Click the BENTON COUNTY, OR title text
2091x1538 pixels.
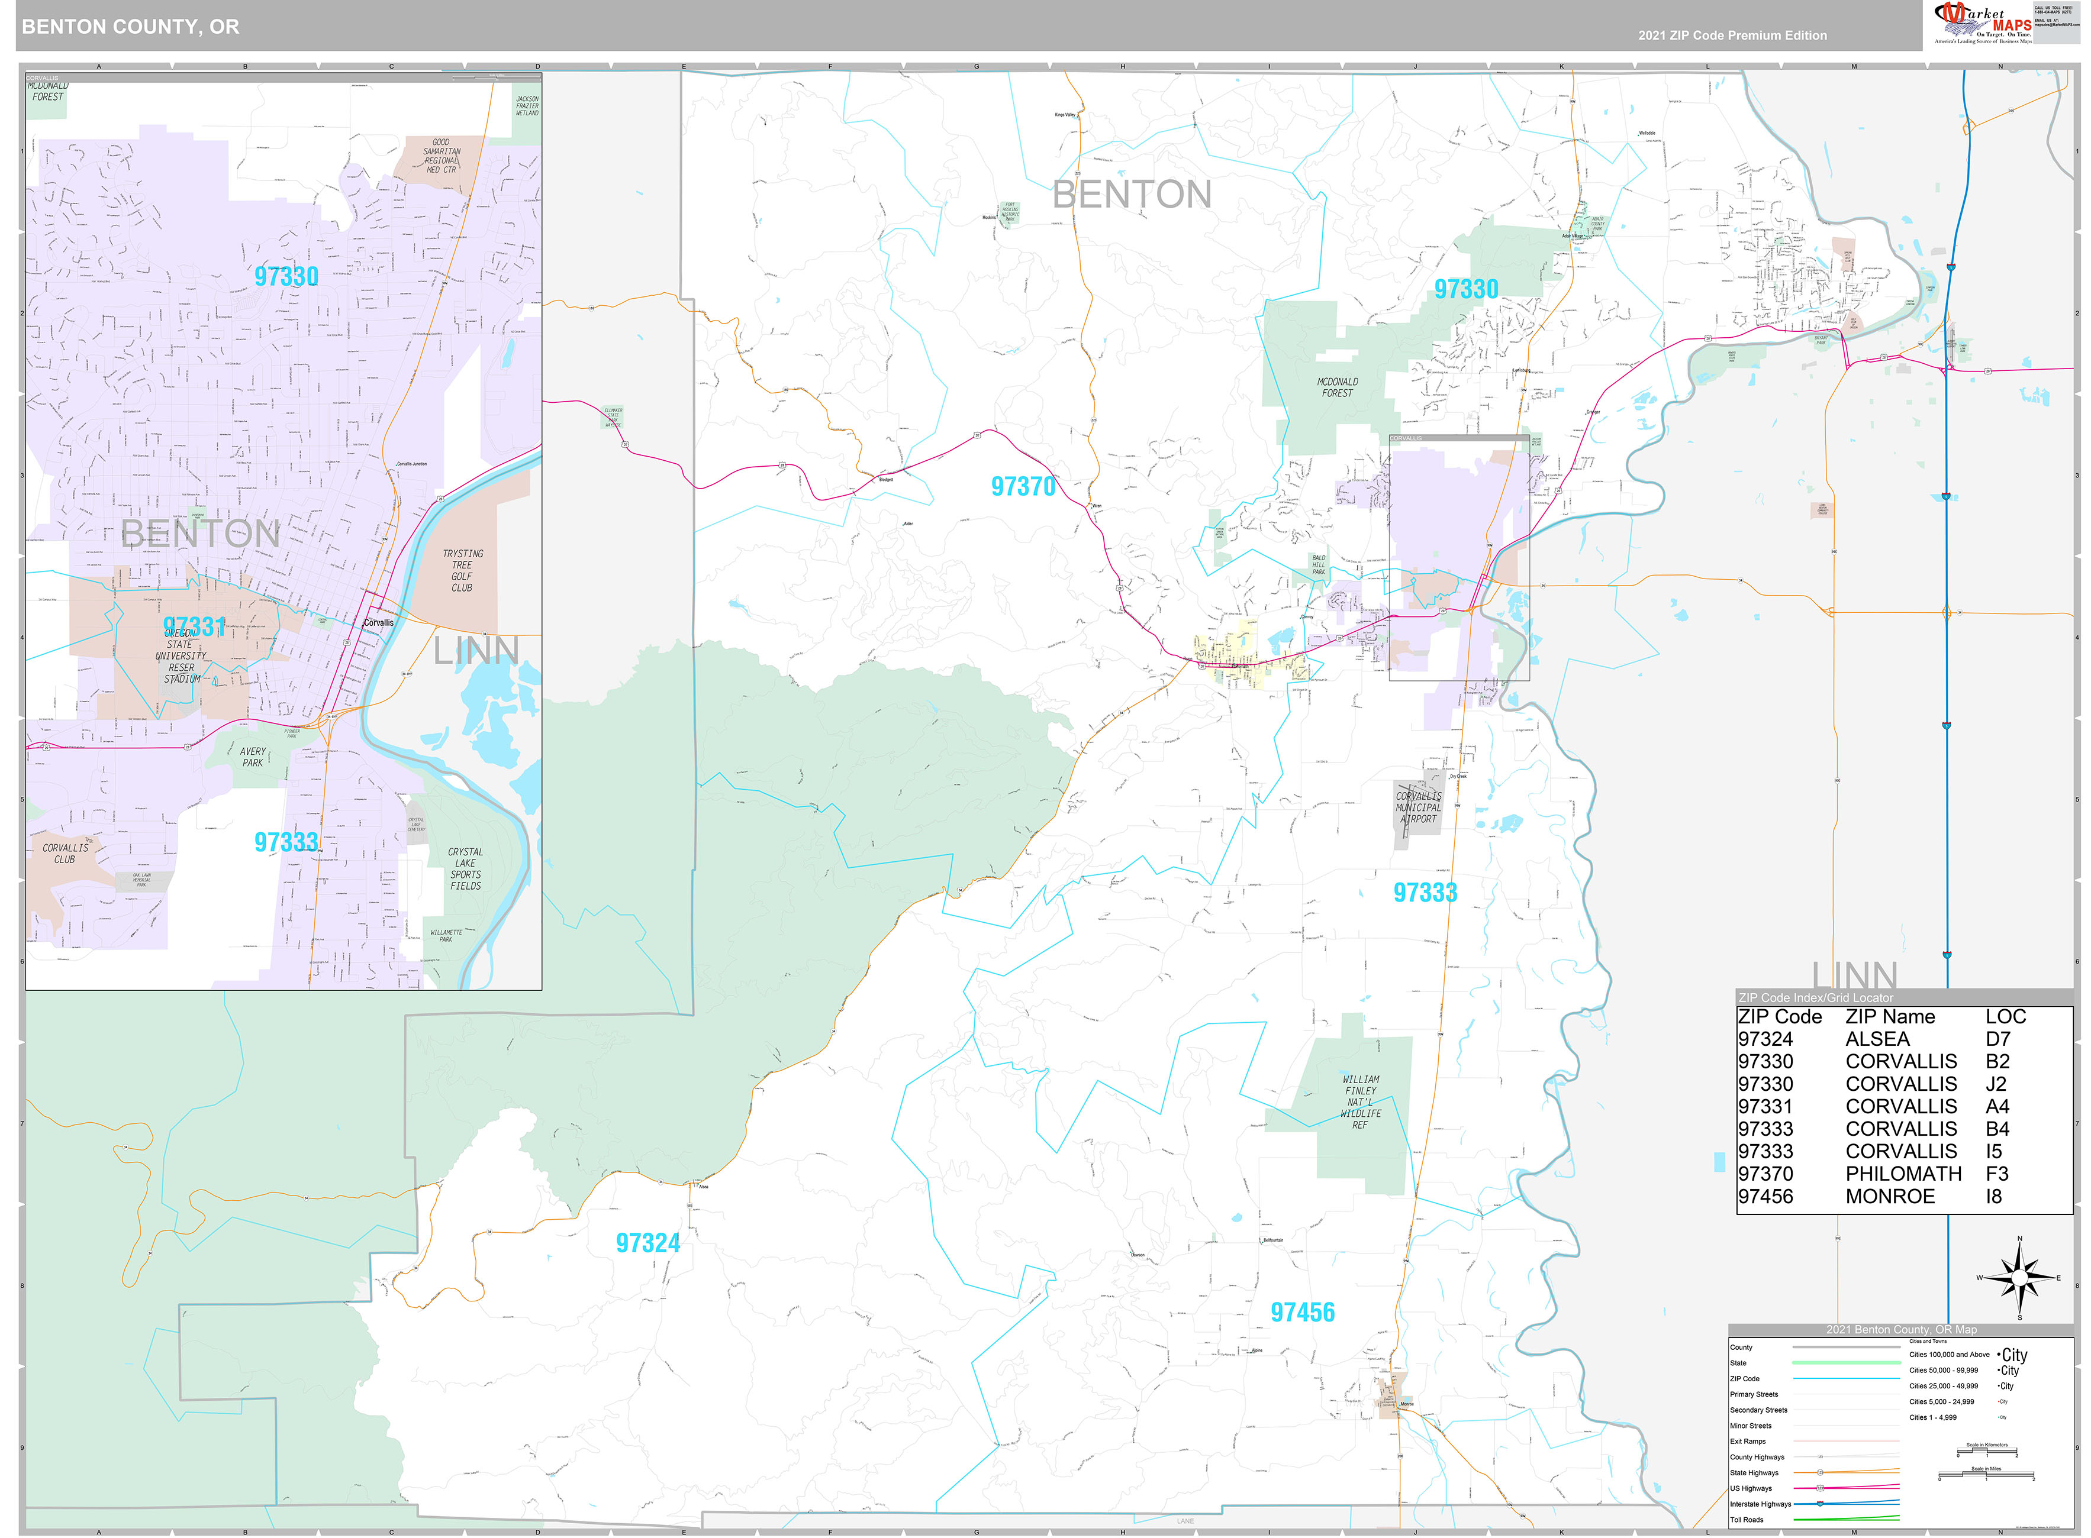[130, 26]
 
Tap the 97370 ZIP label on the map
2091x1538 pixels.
[1023, 487]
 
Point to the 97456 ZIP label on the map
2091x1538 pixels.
[1302, 1313]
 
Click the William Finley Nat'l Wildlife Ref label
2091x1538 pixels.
[1361, 1102]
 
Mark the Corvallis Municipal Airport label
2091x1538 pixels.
[1417, 807]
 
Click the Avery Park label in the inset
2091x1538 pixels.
[252, 757]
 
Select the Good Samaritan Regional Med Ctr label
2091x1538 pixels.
[442, 156]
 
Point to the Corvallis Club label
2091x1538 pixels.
[65, 854]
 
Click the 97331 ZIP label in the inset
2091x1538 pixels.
[194, 626]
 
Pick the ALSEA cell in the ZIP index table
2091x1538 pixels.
[1877, 1039]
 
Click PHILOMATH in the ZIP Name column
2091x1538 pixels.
[1903, 1174]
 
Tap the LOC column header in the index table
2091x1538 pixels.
[2005, 1017]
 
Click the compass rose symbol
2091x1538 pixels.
[2018, 1278]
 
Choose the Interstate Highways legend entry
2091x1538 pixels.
[1760, 1504]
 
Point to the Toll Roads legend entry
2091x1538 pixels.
[1747, 1520]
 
